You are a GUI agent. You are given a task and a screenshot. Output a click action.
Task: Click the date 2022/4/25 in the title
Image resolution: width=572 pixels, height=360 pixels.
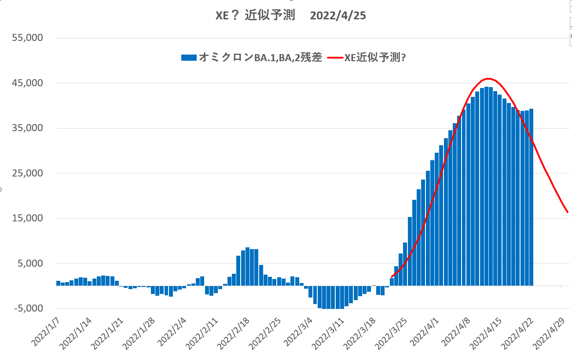click(338, 16)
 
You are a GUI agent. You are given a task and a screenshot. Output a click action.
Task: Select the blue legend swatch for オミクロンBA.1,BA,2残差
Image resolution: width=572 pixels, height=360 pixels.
click(189, 57)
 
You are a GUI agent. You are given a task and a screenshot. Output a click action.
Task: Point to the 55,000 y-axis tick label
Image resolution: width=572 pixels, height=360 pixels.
click(27, 38)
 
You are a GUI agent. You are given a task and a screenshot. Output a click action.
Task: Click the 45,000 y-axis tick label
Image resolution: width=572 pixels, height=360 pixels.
click(27, 83)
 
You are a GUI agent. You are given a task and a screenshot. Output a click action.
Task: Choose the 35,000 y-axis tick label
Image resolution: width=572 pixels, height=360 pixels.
click(27, 128)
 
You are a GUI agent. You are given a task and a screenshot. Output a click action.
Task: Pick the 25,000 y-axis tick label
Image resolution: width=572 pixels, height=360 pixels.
click(27, 173)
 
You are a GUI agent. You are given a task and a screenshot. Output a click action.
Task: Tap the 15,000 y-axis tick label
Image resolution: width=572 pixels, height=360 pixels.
click(27, 218)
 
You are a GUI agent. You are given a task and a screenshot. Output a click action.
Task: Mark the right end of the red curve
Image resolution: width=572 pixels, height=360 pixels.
click(567, 212)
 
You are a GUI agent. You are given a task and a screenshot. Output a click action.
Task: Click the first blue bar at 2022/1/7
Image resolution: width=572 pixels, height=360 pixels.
click(58, 283)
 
